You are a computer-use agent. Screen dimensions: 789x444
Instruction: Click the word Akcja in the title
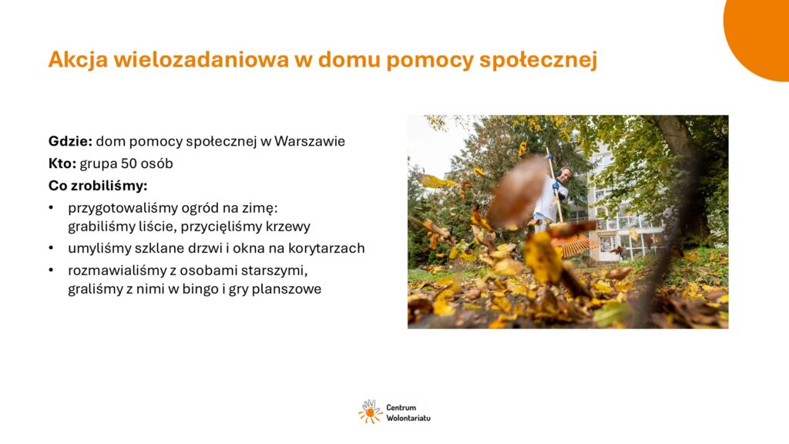click(78, 59)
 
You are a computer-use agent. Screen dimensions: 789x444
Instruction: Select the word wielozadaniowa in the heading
click(201, 59)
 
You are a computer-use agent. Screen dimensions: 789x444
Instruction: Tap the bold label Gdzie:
click(70, 141)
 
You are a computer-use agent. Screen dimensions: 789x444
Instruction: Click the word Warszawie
click(310, 141)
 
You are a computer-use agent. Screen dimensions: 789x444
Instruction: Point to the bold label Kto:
click(62, 163)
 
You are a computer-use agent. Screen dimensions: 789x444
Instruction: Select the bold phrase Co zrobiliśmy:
click(98, 186)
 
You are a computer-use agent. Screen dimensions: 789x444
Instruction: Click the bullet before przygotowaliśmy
click(51, 208)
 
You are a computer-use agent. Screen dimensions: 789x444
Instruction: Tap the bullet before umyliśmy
click(51, 248)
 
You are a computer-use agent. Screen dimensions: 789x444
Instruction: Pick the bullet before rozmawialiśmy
click(51, 271)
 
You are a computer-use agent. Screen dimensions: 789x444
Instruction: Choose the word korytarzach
click(326, 248)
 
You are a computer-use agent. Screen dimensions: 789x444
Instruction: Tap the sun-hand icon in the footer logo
click(371, 412)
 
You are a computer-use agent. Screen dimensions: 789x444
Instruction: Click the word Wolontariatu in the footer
click(408, 418)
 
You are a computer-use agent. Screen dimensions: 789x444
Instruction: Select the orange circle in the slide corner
click(760, 35)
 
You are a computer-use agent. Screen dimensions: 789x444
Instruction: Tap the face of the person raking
click(565, 174)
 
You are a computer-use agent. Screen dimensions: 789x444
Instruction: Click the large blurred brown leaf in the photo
click(518, 190)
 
